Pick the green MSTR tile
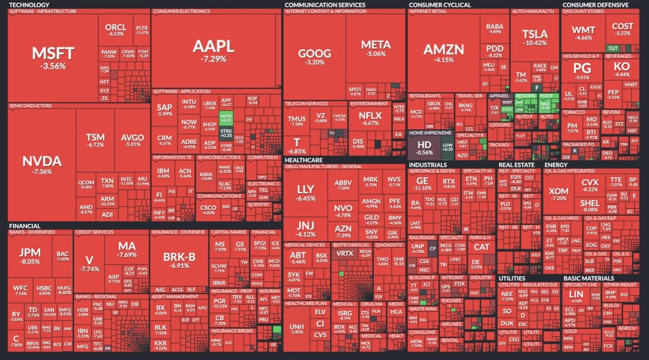coord(225,117)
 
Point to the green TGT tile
coord(612,48)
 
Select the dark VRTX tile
coord(344,252)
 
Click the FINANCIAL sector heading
coord(25,226)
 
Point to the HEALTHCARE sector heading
coord(303,161)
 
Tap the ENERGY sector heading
coord(556,165)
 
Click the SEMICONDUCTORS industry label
coord(30,105)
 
